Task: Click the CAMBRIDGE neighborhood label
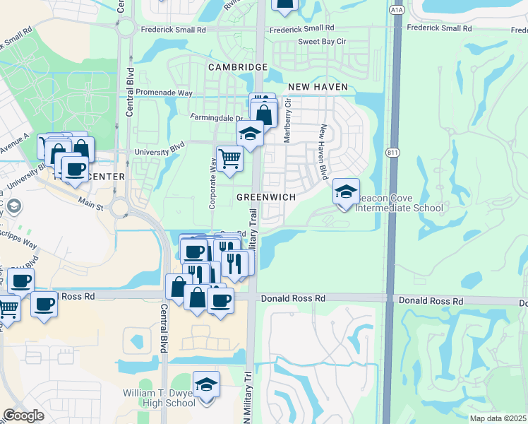tap(237, 67)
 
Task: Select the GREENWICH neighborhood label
tap(265, 197)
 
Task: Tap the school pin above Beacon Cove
tap(346, 192)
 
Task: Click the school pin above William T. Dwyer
tap(207, 386)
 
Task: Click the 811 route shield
tap(394, 153)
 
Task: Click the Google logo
tap(23, 416)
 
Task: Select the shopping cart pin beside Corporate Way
tap(229, 160)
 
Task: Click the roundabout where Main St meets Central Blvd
tap(119, 208)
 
